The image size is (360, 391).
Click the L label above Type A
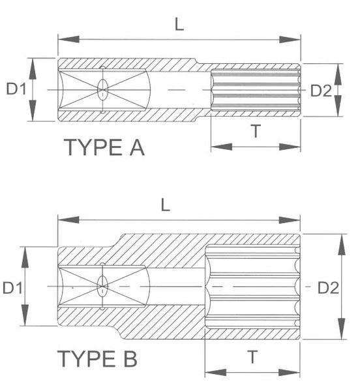(x=179, y=25)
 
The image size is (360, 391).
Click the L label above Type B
(x=166, y=205)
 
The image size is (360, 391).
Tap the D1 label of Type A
(x=16, y=89)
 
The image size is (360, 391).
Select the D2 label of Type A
(x=321, y=91)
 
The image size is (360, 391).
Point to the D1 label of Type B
(x=12, y=287)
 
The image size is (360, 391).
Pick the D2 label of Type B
(x=328, y=288)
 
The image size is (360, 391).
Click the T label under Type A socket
(x=256, y=131)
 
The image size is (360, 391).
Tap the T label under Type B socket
(x=252, y=357)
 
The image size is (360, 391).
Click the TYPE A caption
(x=104, y=147)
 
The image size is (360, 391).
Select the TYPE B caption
(x=97, y=358)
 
